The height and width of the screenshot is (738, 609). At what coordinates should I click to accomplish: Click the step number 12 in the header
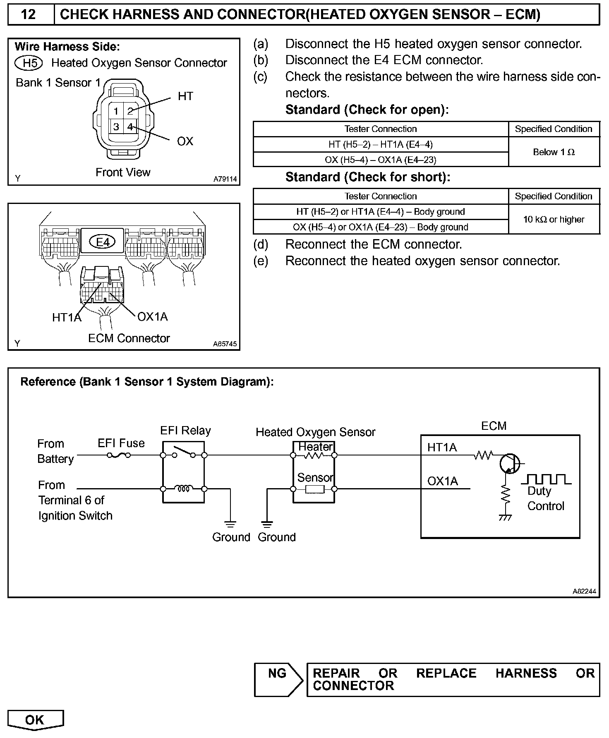(28, 15)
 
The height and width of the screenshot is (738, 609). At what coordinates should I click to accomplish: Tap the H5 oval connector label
(29, 63)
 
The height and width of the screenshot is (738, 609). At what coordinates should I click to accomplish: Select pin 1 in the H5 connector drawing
(116, 111)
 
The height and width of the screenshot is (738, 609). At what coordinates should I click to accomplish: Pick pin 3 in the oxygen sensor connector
(116, 127)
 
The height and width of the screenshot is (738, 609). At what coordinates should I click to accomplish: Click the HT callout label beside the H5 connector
(185, 96)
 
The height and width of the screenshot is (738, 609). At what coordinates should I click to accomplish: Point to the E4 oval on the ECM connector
(103, 242)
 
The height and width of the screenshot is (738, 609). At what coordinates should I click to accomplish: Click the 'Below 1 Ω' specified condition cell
(554, 152)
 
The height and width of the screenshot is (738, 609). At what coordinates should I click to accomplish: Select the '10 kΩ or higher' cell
(554, 220)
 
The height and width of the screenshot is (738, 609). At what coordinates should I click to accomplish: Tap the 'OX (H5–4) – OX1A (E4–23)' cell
(380, 160)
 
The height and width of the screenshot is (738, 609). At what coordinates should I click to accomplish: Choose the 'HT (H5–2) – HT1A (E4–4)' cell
(380, 144)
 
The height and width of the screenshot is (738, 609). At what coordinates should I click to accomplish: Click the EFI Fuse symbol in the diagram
(119, 455)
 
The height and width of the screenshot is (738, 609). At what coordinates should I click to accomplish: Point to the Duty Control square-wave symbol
(546, 479)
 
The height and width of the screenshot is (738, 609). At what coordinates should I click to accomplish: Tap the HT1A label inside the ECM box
(442, 448)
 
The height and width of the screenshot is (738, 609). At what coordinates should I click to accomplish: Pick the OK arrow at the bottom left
(35, 720)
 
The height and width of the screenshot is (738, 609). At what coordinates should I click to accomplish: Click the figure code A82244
(584, 592)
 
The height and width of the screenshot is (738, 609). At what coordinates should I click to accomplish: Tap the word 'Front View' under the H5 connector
(123, 173)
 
